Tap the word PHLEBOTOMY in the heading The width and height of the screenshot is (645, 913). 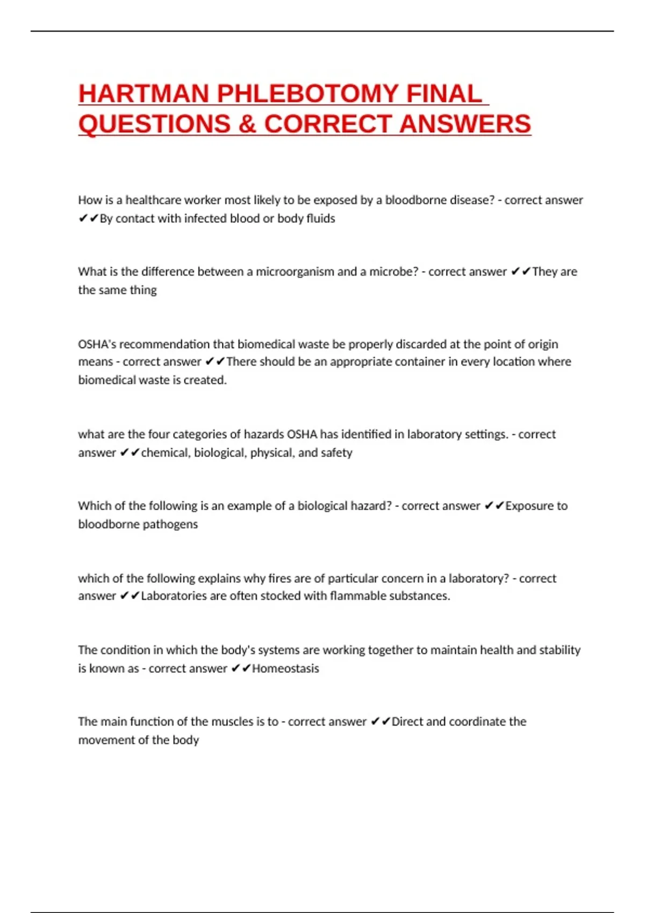307,94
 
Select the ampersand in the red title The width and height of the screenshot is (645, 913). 247,124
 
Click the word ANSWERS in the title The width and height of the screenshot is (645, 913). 465,124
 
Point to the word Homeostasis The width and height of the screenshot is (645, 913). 285,669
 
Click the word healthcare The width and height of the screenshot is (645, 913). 153,200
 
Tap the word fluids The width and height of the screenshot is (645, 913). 321,219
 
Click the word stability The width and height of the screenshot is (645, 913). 560,650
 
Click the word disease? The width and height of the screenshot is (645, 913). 470,200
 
